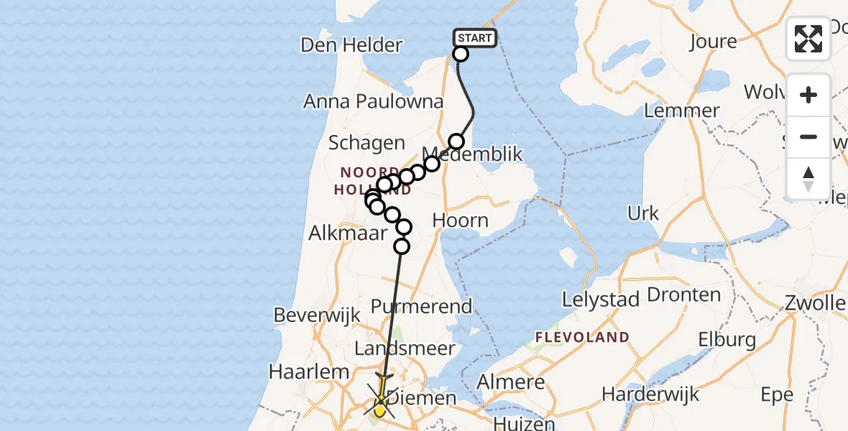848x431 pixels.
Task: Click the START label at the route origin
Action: point(474,38)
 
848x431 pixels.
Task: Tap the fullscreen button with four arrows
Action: point(808,39)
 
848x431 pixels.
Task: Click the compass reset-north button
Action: point(808,178)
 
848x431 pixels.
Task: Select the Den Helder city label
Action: point(351,45)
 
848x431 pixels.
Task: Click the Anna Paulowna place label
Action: point(374,101)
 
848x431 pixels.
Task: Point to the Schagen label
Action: point(367,143)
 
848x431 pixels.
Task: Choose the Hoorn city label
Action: point(461,221)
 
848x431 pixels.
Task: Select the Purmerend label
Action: point(421,306)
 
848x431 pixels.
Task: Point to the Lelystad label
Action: point(602,299)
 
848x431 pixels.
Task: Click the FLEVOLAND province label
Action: point(582,337)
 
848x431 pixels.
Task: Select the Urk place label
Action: point(643,213)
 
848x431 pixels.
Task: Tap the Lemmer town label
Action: point(682,111)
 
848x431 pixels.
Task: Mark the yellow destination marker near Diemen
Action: point(380,409)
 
